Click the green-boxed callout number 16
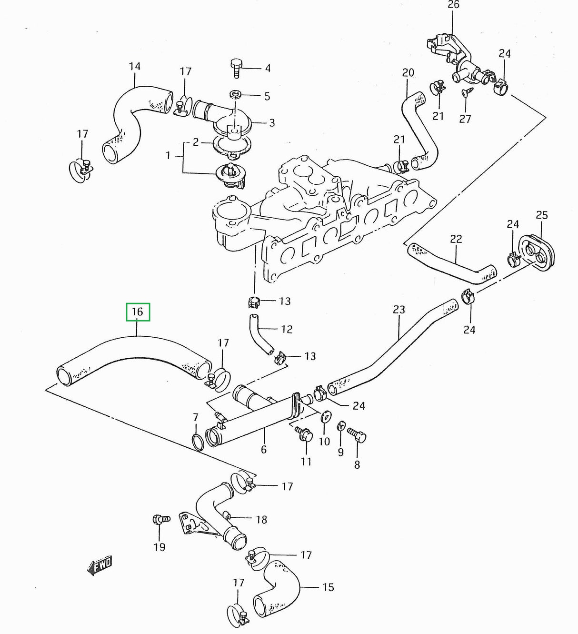click(x=138, y=312)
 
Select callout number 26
click(x=453, y=5)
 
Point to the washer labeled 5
click(x=235, y=93)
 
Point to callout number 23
click(x=399, y=310)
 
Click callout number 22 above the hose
click(x=456, y=239)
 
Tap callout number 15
click(x=328, y=587)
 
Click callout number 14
click(x=135, y=66)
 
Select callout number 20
click(x=408, y=73)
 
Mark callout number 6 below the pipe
click(x=263, y=449)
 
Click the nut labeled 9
click(x=341, y=425)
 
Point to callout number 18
click(x=261, y=519)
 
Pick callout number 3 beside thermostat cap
click(x=272, y=123)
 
